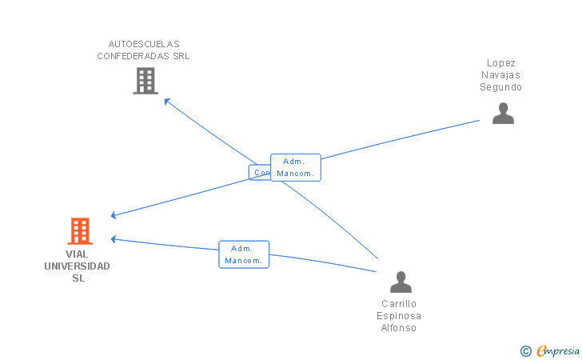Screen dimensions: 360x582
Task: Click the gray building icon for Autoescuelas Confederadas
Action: (x=145, y=81)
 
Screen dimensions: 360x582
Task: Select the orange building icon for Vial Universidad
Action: (x=79, y=231)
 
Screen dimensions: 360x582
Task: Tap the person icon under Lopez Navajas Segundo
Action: (x=503, y=114)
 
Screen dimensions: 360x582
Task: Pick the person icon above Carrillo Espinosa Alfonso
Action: (x=400, y=282)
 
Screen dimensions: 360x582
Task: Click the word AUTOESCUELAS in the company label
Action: (x=144, y=44)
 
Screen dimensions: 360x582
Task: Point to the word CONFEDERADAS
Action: (x=133, y=56)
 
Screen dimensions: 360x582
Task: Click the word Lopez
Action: (x=501, y=62)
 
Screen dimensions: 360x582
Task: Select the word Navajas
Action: (x=501, y=74)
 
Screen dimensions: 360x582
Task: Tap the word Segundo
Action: (x=501, y=87)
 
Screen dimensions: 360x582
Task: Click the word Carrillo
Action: (x=400, y=304)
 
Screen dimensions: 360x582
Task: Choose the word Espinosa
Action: (x=400, y=316)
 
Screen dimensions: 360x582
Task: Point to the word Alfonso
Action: (x=400, y=328)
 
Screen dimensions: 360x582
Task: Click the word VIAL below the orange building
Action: (x=78, y=254)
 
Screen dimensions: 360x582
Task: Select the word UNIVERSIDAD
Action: (x=78, y=266)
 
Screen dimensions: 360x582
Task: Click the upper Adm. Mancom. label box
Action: (x=296, y=167)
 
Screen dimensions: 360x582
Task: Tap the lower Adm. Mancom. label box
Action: (x=244, y=254)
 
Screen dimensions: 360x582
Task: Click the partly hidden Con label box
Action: (x=260, y=172)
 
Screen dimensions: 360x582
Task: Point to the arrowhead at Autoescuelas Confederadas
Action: (x=165, y=100)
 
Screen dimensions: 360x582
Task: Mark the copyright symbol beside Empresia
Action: (x=525, y=350)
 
